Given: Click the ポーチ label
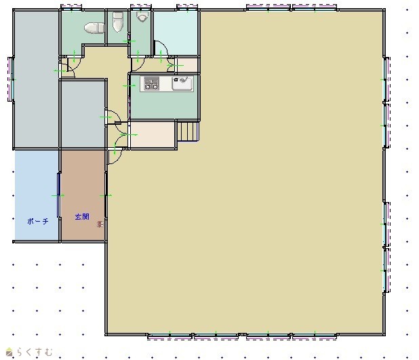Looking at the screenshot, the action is (x=38, y=221).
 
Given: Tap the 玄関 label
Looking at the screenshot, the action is (x=82, y=217).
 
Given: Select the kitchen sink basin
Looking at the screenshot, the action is (x=182, y=83).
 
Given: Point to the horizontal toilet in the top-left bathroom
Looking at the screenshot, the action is (x=94, y=28).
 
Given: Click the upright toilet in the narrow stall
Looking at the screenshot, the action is (x=117, y=22).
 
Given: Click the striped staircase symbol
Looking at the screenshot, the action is (x=188, y=132).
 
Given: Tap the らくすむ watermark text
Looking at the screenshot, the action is (x=35, y=352).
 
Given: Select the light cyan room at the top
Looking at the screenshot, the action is (x=176, y=33).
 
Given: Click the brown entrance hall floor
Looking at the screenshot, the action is (x=83, y=195).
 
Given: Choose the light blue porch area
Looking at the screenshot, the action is (x=37, y=195).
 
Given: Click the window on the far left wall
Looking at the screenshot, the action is (x=12, y=79).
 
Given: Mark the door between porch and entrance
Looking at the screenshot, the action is (x=59, y=195).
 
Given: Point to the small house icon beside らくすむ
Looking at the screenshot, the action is (x=9, y=352).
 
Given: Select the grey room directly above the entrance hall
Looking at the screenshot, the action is (x=83, y=114).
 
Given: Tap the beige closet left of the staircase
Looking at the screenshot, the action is (x=153, y=134).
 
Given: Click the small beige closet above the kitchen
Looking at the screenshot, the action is (x=187, y=65).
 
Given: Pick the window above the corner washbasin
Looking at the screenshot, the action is (x=141, y=7).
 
